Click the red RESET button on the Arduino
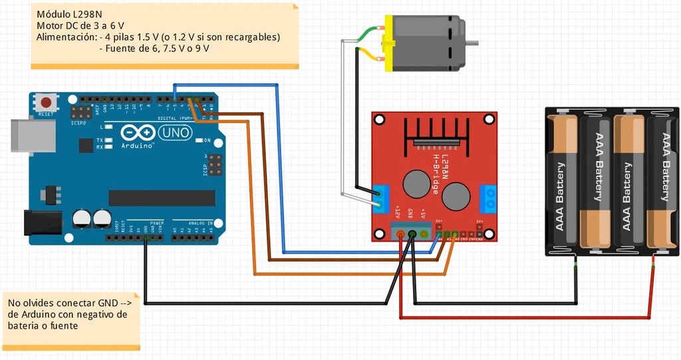click(x=46, y=103)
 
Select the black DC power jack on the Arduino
click(x=41, y=222)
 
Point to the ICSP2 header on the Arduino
click(x=83, y=112)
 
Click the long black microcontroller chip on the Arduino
click(x=162, y=198)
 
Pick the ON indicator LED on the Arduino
click(x=198, y=140)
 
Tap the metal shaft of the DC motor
click(x=472, y=43)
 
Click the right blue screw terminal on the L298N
click(x=488, y=197)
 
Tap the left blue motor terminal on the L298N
click(x=381, y=196)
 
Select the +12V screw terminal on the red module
click(x=400, y=234)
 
